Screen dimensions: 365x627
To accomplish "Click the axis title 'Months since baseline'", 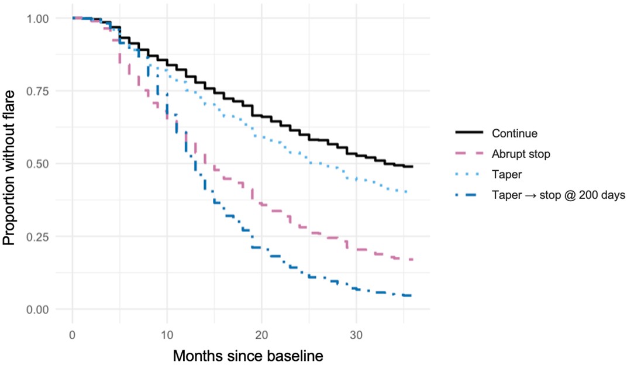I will click(248, 354).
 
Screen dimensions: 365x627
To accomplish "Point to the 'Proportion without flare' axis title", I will click(11, 164).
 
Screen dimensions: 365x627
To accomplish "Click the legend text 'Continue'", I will click(515, 133).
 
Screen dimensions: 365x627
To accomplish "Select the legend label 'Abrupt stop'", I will click(522, 154).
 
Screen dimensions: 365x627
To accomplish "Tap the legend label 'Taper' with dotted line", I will click(507, 174).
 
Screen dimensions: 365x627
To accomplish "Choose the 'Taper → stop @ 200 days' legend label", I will click(559, 195).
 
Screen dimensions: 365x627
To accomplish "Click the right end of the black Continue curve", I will click(413, 167).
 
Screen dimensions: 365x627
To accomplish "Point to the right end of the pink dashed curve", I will click(413, 259).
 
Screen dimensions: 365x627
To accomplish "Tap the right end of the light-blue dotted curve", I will click(407, 192).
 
